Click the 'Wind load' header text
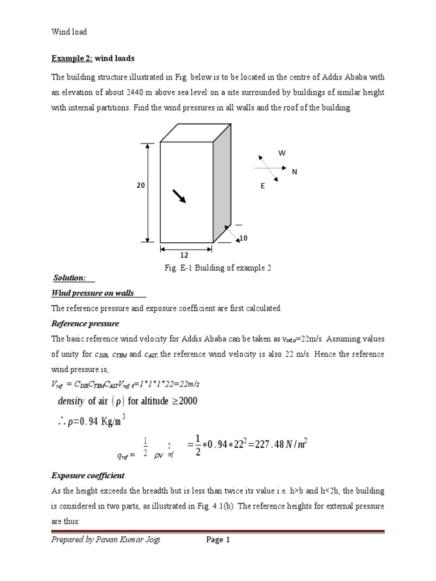click(69, 32)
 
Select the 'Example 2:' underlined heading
click(72, 58)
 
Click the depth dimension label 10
click(244, 239)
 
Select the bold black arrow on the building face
click(179, 196)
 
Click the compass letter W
click(281, 153)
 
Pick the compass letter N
click(295, 171)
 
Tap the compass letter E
click(263, 186)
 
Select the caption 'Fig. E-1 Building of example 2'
click(218, 268)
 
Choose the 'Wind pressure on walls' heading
click(93, 293)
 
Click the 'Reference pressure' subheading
click(85, 323)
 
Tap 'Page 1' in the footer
click(217, 540)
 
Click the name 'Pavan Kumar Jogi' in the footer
click(129, 540)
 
